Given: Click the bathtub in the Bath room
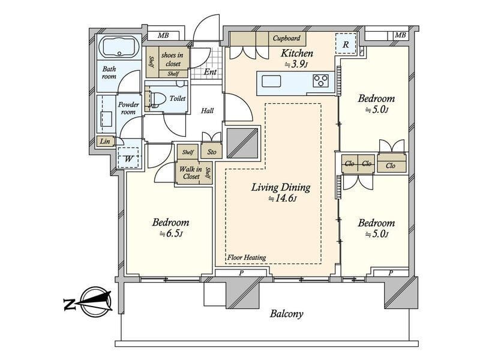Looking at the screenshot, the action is pyautogui.click(x=119, y=47).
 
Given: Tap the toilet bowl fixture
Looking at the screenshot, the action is pyautogui.click(x=156, y=98).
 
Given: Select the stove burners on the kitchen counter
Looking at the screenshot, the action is pyautogui.click(x=320, y=81).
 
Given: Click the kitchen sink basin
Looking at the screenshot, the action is pyautogui.click(x=271, y=82).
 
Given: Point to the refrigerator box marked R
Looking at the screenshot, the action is pyautogui.click(x=346, y=44).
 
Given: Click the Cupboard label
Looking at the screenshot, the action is pyautogui.click(x=286, y=38).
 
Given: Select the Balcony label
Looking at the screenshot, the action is pyautogui.click(x=287, y=313).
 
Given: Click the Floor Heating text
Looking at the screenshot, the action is pyautogui.click(x=247, y=257).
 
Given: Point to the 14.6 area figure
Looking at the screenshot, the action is pyautogui.click(x=282, y=199).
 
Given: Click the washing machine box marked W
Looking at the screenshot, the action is pyautogui.click(x=128, y=158).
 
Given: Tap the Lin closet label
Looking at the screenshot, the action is pyautogui.click(x=104, y=141).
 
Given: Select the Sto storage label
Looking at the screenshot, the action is pyautogui.click(x=212, y=152).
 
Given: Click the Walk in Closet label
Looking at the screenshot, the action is pyautogui.click(x=191, y=173).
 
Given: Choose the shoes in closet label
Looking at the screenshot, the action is pyautogui.click(x=172, y=59).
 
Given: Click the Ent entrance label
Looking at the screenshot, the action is pyautogui.click(x=211, y=72).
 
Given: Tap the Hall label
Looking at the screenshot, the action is pyautogui.click(x=207, y=110).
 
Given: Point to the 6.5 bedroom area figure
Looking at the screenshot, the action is pyautogui.click(x=171, y=233).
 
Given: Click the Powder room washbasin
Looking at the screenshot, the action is pyautogui.click(x=107, y=118).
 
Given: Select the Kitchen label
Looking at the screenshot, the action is pyautogui.click(x=297, y=53).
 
